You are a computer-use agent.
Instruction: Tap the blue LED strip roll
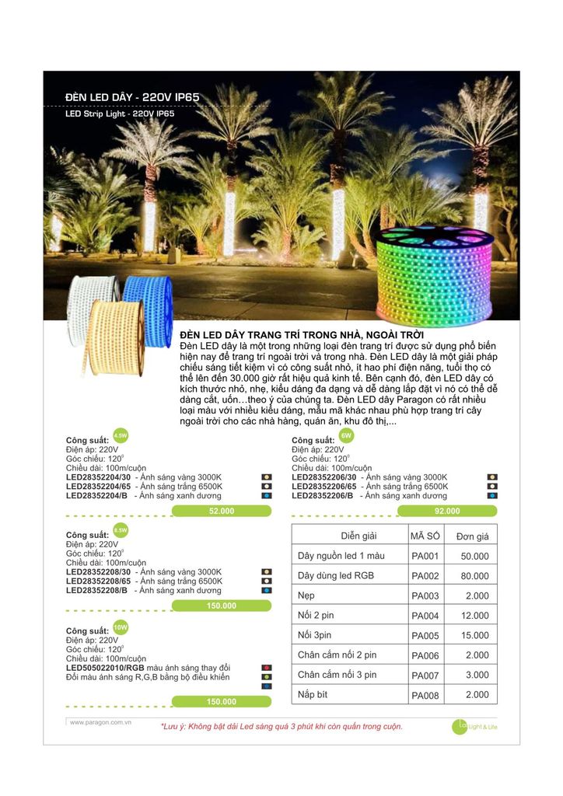point(149,306)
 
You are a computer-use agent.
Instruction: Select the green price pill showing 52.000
point(222,511)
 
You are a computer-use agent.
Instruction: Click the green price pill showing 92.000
point(447,511)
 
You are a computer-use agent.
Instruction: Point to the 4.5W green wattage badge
point(120,435)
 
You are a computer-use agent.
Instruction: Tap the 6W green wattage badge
point(346,435)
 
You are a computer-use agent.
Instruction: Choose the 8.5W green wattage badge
point(120,530)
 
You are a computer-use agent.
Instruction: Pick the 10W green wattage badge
point(120,626)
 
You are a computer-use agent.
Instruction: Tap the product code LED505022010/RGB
point(106,668)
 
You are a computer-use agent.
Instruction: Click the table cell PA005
point(425,636)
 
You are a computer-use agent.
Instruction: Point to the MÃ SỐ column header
point(425,536)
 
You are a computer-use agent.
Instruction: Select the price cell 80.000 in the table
point(474,577)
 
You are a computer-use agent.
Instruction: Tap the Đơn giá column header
point(473,536)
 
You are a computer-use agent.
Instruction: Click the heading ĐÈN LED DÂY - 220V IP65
point(133,97)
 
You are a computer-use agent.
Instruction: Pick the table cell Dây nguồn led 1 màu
point(341,557)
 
